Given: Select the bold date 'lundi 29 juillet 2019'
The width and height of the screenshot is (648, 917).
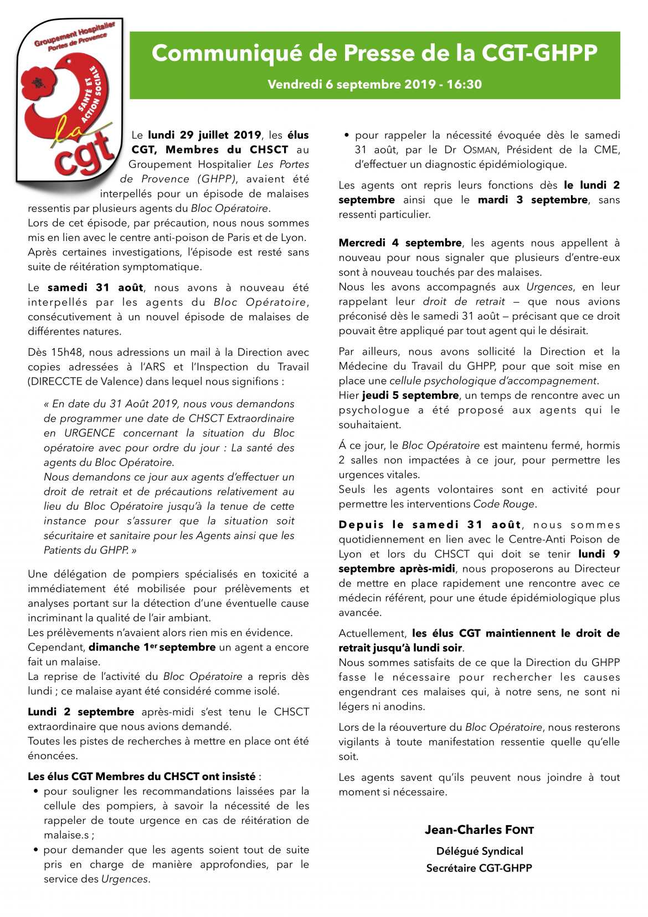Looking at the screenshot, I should [204, 135].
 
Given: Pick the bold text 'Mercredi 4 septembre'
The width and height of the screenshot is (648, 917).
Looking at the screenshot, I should [400, 243].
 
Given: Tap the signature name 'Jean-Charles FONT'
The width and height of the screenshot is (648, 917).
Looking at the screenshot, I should [479, 829].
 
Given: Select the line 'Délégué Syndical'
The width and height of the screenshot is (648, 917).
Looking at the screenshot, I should [479, 851].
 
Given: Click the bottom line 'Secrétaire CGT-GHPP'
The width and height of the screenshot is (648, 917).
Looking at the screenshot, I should [479, 868].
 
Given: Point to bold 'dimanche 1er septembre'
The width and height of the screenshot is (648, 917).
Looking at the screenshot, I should [152, 647].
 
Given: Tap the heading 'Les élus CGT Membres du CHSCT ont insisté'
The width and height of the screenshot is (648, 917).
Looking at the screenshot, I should [142, 776].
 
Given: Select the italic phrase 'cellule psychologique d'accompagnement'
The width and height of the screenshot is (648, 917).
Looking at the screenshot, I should [493, 381].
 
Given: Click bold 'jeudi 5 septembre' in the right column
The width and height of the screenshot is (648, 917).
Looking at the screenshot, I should [410, 395].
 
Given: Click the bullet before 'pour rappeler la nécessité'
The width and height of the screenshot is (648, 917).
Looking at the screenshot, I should [347, 135].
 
